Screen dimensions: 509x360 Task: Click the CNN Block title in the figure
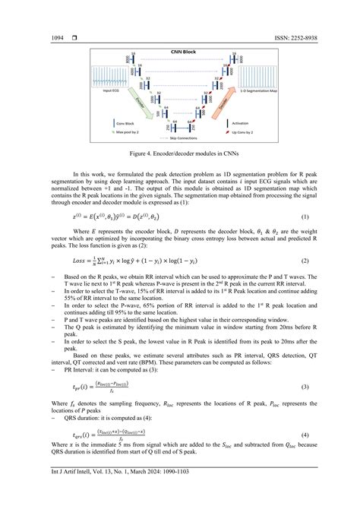pos(181,52)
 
